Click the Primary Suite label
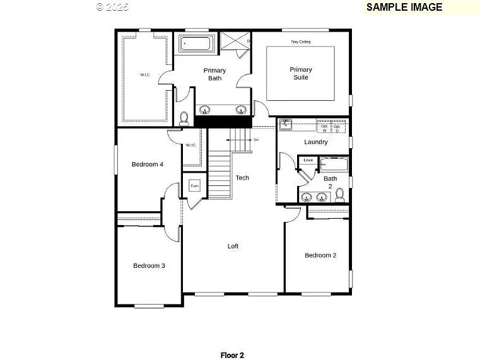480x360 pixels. [x=301, y=73]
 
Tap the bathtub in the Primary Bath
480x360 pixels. [x=197, y=44]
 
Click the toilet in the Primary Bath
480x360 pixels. [x=184, y=118]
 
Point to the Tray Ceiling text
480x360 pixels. [x=300, y=42]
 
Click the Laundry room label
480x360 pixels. [x=315, y=142]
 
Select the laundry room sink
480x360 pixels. [x=286, y=124]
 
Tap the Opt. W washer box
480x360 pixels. [x=324, y=127]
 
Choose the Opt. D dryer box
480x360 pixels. [x=337, y=127]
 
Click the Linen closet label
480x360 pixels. [x=308, y=160]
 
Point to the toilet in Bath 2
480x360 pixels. [x=340, y=194]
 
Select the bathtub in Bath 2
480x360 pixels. [x=333, y=165]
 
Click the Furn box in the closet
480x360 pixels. [x=194, y=187]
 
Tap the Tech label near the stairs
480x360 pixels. [x=242, y=178]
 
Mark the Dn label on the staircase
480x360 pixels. [x=255, y=139]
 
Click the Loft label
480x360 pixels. [x=233, y=246]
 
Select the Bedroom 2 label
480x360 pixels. [x=320, y=255]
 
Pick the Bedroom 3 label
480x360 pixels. [x=149, y=265]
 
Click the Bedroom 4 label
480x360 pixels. [x=148, y=165]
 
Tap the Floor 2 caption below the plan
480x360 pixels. [x=231, y=355]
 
